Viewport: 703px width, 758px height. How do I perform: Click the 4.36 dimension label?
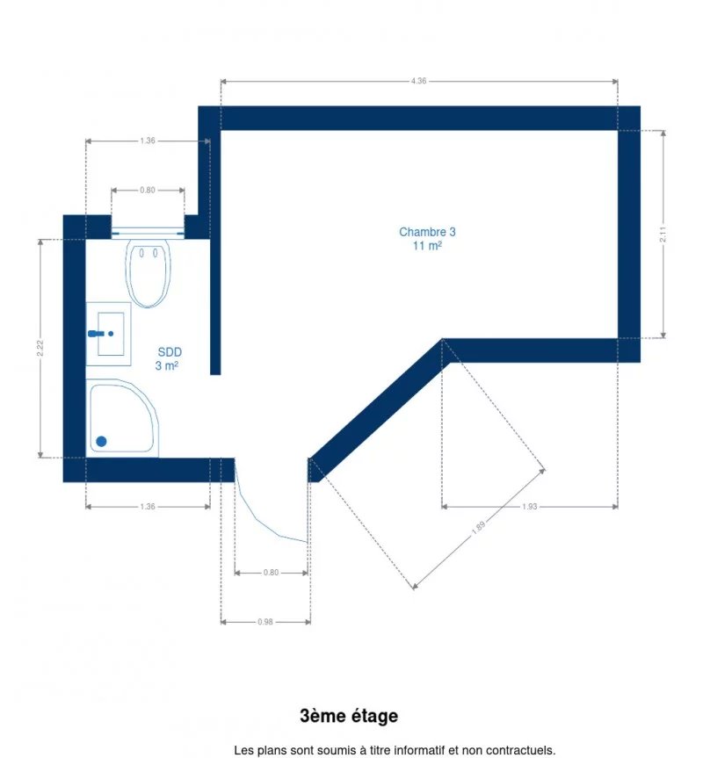418,81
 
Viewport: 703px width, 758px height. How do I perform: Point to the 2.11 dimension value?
663,235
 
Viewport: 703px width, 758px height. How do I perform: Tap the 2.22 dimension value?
40,348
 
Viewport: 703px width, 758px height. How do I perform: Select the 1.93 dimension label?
529,507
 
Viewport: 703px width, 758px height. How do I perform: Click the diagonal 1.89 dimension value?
478,527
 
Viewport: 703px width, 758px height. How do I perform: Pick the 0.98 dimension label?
265,622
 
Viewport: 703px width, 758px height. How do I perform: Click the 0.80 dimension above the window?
148,190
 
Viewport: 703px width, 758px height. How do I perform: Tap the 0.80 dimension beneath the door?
271,573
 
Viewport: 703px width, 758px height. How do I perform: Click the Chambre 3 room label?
427,232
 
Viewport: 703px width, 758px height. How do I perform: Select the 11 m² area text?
427,246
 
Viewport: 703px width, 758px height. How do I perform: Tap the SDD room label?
170,352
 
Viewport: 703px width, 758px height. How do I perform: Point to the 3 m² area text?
167,365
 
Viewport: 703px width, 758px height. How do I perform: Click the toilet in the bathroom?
148,273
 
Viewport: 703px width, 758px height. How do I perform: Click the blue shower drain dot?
102,441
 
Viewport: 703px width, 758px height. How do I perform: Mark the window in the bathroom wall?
148,233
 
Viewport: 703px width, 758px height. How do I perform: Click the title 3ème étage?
349,716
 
